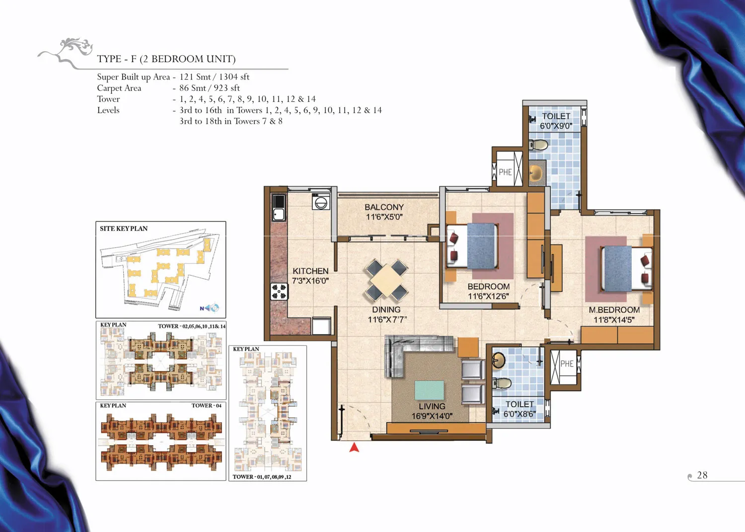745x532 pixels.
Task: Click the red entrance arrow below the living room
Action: pos(354,448)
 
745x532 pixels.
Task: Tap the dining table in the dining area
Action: pos(387,280)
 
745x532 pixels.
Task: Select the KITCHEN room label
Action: pos(310,271)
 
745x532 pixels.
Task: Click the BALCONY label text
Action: pos(384,207)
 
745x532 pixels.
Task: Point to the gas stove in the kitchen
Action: pos(279,292)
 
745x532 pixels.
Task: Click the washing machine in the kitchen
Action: pos(321,202)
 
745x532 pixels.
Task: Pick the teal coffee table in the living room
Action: pos(429,390)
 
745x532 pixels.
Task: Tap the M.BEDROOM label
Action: pos(614,310)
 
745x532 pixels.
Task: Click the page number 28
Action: pos(702,475)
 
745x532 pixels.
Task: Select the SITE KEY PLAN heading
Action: pos(123,228)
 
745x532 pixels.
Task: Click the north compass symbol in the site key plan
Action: pos(210,308)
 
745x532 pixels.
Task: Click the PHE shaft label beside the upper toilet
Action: pos(505,172)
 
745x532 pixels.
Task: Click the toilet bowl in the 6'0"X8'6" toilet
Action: pos(502,383)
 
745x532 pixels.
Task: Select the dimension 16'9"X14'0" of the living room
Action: pos(432,416)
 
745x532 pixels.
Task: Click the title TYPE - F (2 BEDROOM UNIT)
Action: pos(166,59)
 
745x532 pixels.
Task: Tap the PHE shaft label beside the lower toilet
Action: pos(567,364)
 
